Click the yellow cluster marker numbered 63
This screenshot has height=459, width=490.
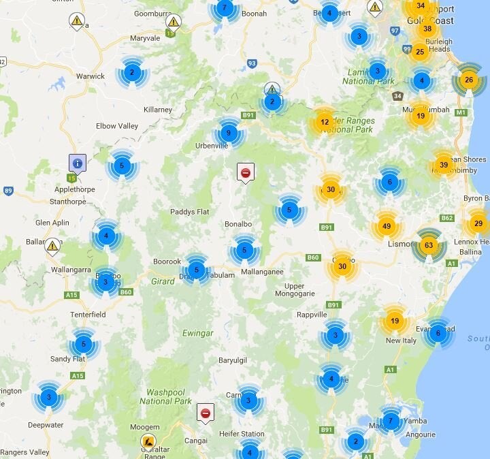pyautogui.click(x=429, y=244)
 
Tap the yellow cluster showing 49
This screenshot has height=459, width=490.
pyautogui.click(x=387, y=226)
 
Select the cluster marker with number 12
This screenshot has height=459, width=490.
pyautogui.click(x=325, y=123)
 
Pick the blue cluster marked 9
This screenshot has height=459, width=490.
pyautogui.click(x=229, y=133)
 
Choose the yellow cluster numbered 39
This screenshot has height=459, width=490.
pyautogui.click(x=444, y=165)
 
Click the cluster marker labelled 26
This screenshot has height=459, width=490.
pyautogui.click(x=468, y=80)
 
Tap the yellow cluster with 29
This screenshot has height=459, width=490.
pyautogui.click(x=478, y=223)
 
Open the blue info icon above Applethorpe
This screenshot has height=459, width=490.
pyautogui.click(x=78, y=163)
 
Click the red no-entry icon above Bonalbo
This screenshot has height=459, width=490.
pyautogui.click(x=245, y=172)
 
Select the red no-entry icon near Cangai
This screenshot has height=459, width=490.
pyautogui.click(x=205, y=412)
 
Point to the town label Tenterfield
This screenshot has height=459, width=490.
pyautogui.click(x=88, y=315)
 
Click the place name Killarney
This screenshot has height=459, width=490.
pyautogui.click(x=158, y=110)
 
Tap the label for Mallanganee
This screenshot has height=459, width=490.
pyautogui.click(x=262, y=272)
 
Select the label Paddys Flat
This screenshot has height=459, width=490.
pyautogui.click(x=190, y=212)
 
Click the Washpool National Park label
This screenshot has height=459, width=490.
pyautogui.click(x=166, y=397)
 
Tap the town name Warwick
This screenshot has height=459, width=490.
pyautogui.click(x=91, y=76)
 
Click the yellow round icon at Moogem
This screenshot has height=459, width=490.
pyautogui.click(x=148, y=441)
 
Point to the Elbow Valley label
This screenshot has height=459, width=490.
pyautogui.click(x=117, y=126)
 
